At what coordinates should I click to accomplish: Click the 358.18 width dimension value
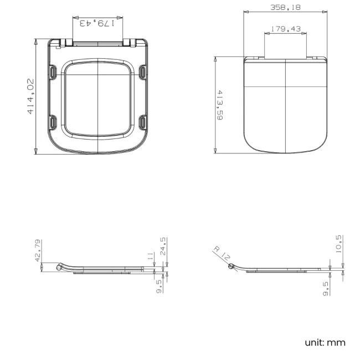285,7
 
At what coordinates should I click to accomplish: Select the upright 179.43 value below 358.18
285,29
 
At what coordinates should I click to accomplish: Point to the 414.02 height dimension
30,96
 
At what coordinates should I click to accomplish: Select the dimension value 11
150,255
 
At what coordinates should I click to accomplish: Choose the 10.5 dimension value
339,244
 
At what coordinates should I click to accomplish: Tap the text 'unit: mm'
325,342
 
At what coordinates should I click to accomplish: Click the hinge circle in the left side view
59,268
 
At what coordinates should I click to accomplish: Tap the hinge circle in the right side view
231,267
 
